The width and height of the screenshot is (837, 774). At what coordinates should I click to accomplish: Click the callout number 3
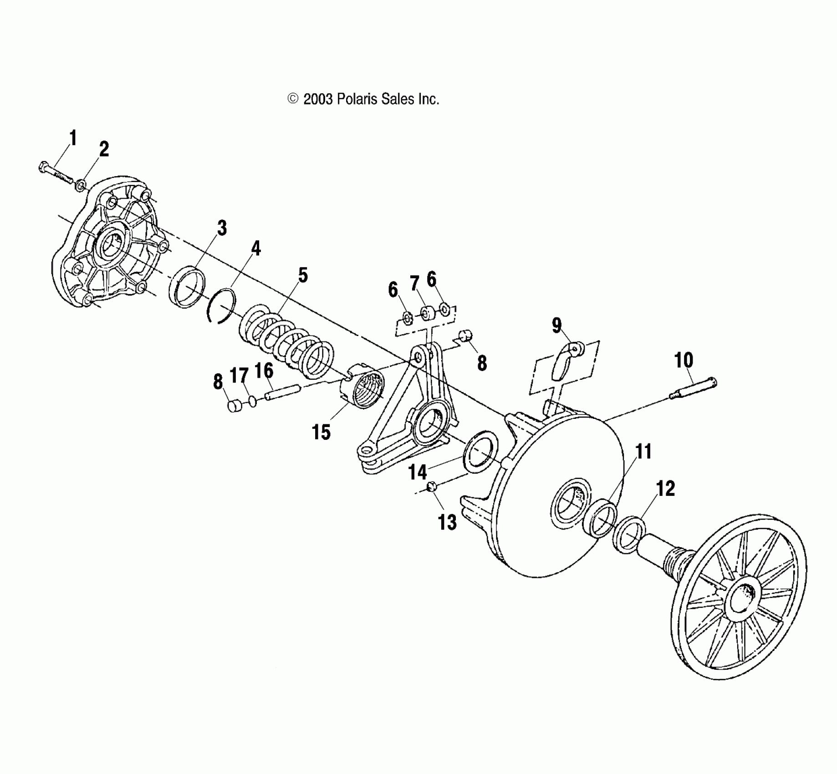tap(222, 228)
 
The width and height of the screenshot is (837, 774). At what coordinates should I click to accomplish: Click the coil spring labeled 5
tap(286, 341)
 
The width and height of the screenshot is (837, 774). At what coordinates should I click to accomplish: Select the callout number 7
tap(414, 284)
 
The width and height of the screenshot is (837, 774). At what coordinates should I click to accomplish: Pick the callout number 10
tap(683, 360)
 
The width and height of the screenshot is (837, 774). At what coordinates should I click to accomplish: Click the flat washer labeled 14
tap(480, 451)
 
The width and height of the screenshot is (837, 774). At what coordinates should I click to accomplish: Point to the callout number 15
tap(321, 432)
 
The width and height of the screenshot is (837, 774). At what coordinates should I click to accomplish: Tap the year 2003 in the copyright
tap(318, 99)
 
